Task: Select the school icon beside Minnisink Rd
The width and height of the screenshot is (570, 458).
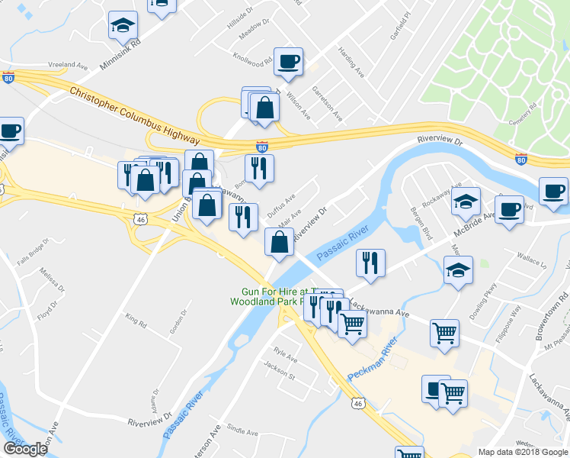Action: (123, 27)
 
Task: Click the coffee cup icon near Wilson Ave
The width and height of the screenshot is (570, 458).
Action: (288, 62)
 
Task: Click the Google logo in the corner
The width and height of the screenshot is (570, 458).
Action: (25, 449)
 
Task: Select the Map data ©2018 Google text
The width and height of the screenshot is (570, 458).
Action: (523, 452)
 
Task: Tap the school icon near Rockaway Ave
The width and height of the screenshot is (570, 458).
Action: (466, 202)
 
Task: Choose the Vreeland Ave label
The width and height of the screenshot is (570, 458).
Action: (69, 66)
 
